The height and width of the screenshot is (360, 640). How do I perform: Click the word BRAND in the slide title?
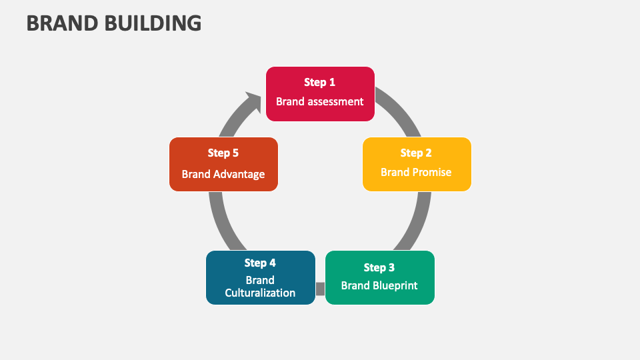(63, 23)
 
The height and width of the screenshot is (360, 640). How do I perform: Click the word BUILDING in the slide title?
(153, 23)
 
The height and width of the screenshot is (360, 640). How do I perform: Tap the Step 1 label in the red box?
(320, 83)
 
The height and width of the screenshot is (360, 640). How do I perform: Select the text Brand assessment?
(320, 102)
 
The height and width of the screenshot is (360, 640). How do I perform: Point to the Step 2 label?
(417, 153)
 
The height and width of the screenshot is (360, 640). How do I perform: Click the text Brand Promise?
(417, 173)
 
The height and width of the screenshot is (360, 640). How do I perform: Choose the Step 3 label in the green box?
(379, 268)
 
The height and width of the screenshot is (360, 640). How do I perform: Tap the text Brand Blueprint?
(379, 286)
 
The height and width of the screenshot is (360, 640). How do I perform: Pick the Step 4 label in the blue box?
(260, 263)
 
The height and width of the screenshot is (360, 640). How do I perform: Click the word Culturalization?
(260, 293)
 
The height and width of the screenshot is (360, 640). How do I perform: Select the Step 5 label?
(223, 153)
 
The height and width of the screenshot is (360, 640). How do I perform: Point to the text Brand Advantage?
(223, 175)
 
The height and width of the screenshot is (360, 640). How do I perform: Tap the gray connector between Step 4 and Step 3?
(320, 289)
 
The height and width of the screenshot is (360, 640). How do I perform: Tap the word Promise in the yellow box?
(432, 173)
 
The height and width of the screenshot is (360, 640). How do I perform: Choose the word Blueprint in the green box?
(395, 286)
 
